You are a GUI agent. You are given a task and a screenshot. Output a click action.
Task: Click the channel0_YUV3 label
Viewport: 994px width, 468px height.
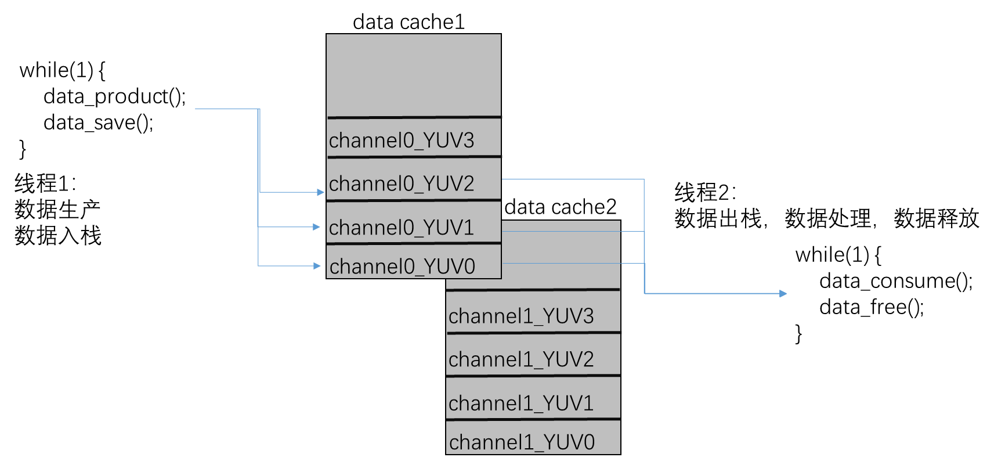(402, 141)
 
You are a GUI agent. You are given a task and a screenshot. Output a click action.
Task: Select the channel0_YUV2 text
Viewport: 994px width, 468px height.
(402, 184)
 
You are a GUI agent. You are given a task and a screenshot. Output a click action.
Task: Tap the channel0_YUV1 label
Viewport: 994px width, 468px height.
(402, 228)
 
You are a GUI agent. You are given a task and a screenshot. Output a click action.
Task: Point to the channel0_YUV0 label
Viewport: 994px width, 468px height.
(402, 267)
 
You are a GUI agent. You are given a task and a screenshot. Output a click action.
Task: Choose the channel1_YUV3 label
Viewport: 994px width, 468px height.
(521, 316)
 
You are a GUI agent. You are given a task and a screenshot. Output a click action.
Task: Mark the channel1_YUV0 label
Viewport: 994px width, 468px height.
(522, 442)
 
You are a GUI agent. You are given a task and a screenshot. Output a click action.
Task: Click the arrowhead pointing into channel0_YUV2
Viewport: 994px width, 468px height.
(321, 192)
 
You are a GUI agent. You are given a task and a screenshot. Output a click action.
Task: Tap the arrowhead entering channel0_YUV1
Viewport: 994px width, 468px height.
(317, 227)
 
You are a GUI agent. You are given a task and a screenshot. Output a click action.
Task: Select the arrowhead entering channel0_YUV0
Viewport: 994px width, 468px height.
(317, 266)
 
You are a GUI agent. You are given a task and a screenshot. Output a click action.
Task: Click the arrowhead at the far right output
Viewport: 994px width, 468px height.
(783, 294)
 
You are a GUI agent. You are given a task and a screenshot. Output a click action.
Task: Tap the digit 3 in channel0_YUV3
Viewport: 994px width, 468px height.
(468, 141)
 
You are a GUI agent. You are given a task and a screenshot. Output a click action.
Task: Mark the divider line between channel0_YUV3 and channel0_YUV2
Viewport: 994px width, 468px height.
(413, 157)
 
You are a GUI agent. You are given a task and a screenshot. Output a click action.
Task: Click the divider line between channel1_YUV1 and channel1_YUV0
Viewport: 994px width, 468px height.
(533, 419)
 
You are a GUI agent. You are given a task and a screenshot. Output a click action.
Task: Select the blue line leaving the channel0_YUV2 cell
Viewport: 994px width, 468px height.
(572, 179)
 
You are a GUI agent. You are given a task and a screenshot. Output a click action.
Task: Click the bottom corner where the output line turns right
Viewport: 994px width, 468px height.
(645, 293)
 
